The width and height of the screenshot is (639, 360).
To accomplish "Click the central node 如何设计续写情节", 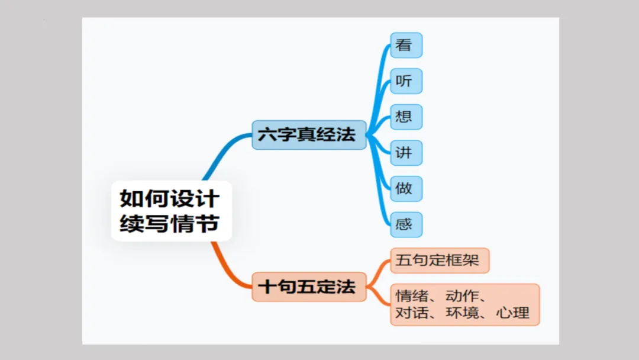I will pyautogui.click(x=171, y=211).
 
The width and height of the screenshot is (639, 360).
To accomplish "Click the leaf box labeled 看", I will pyautogui.click(x=406, y=45).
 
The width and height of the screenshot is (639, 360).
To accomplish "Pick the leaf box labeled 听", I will pyautogui.click(x=406, y=81).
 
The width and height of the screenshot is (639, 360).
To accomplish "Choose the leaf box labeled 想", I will pyautogui.click(x=406, y=117).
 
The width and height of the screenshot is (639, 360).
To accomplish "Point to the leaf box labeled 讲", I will pyautogui.click(x=406, y=153).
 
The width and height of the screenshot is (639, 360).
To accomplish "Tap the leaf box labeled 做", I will pyautogui.click(x=406, y=189).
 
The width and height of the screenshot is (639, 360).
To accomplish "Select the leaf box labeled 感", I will pyautogui.click(x=406, y=224).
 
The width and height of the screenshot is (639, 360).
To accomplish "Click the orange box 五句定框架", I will pyautogui.click(x=439, y=261).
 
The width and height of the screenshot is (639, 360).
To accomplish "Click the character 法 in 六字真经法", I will pyautogui.click(x=346, y=134).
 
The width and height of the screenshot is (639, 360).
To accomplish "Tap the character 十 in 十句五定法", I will pyautogui.click(x=267, y=287).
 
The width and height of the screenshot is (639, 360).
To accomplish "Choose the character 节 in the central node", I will pyautogui.click(x=208, y=223).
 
